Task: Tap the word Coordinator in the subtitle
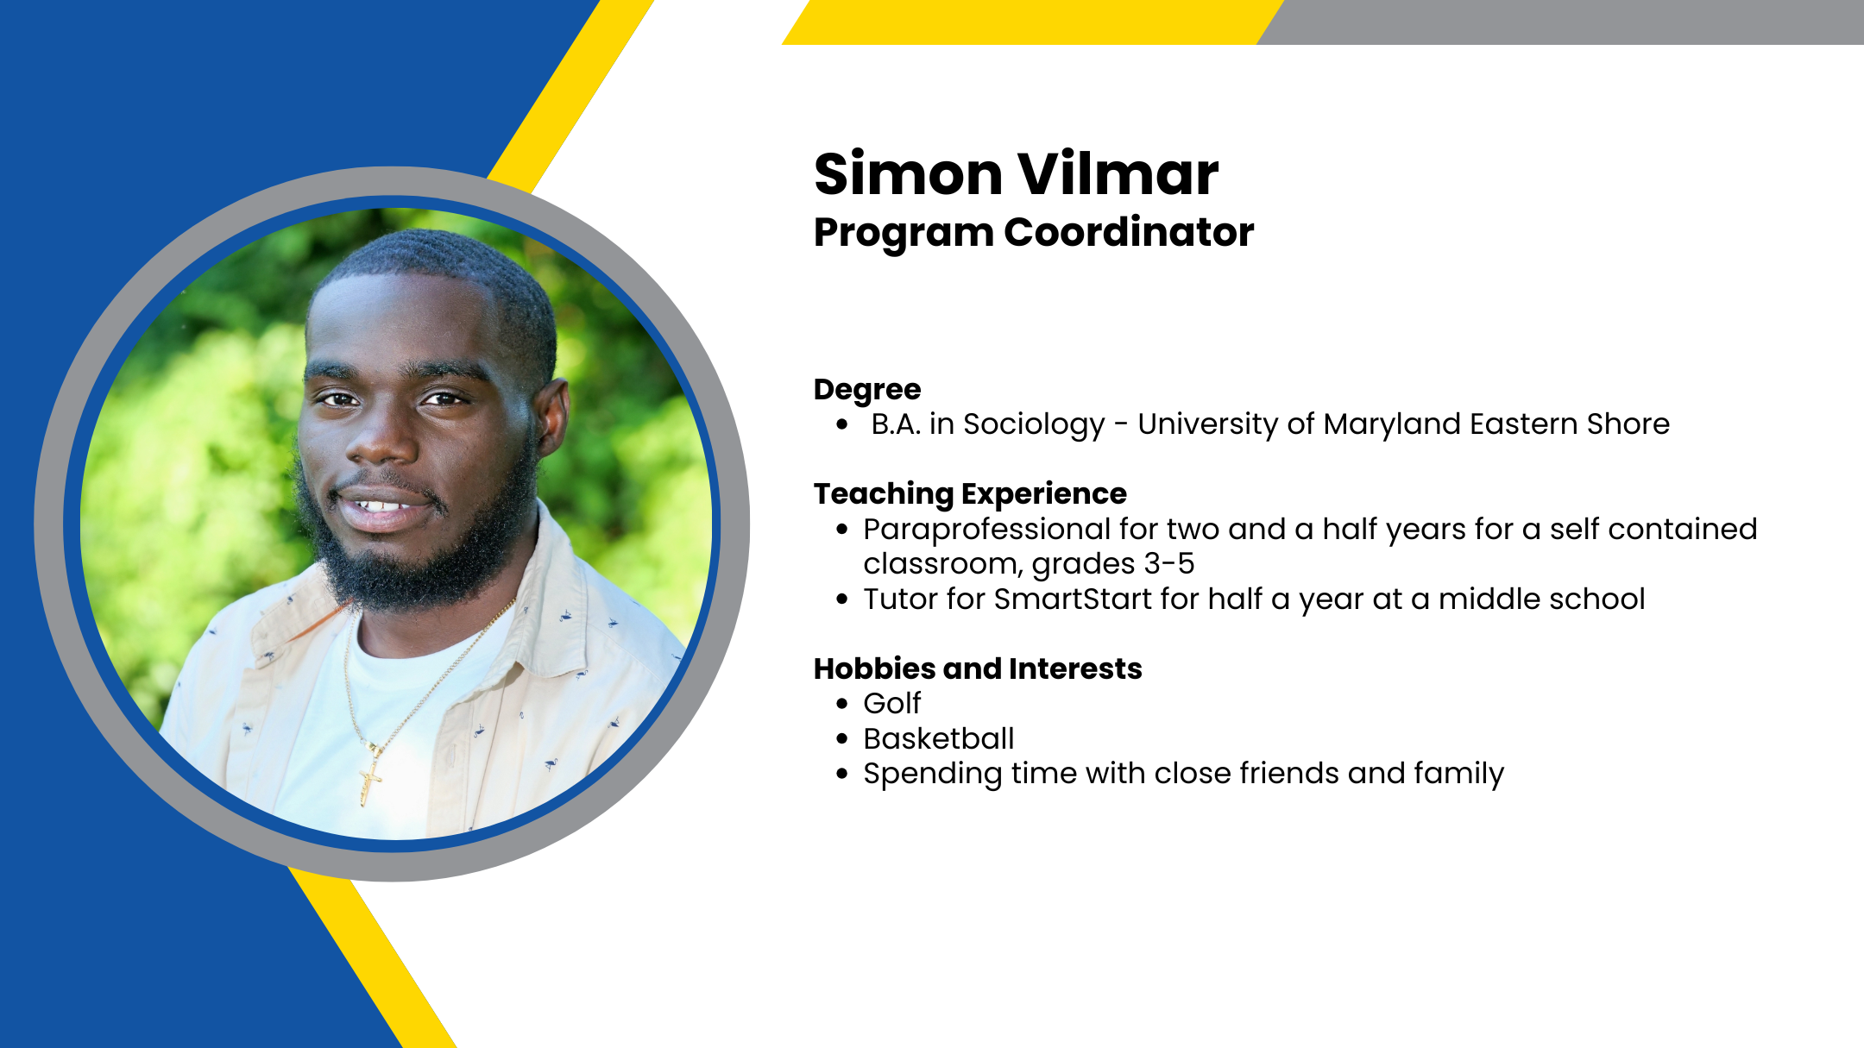(x=1129, y=232)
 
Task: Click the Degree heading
(x=867, y=390)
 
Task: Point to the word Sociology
(x=1034, y=424)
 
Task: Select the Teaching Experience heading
(x=970, y=494)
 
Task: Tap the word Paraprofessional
(x=986, y=529)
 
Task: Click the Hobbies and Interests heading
(x=978, y=668)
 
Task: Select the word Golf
(x=892, y=704)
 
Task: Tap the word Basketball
(x=939, y=738)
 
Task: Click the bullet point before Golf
(x=842, y=704)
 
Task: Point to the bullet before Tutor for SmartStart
(x=842, y=599)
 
